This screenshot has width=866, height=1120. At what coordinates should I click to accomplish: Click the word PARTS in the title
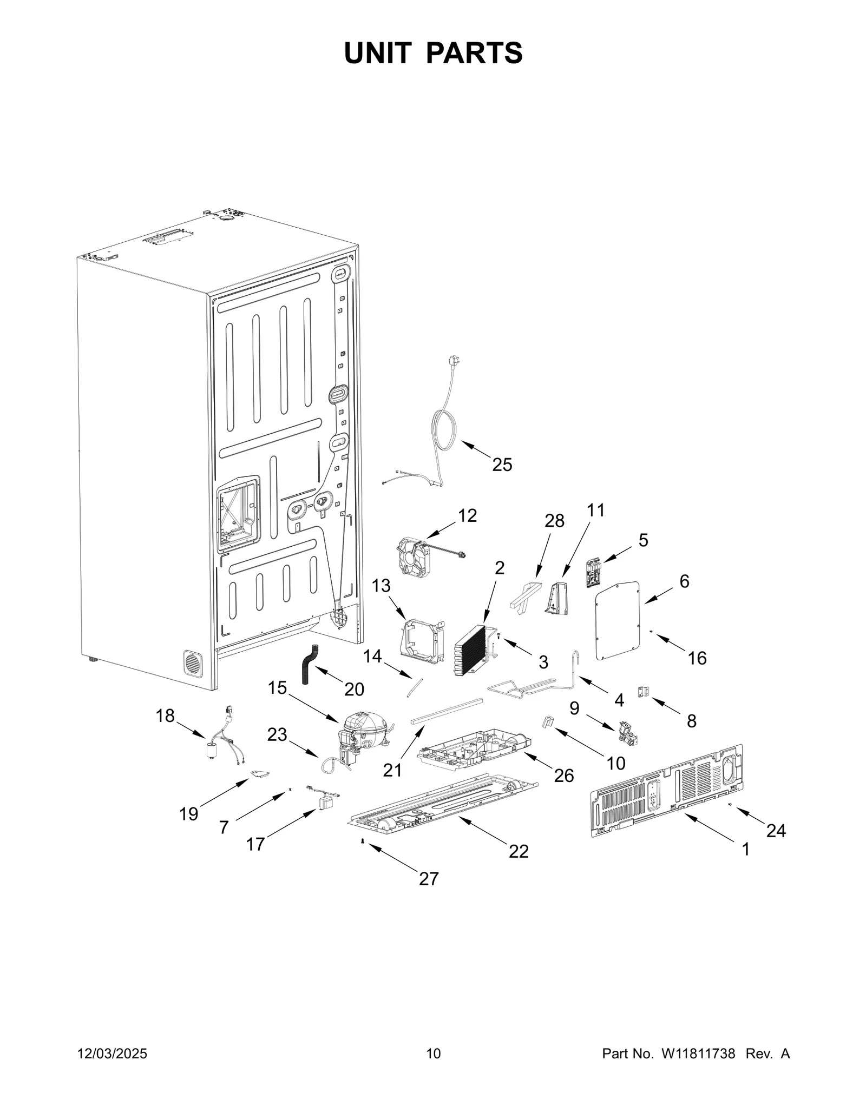474,53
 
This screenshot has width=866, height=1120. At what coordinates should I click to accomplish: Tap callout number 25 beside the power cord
502,465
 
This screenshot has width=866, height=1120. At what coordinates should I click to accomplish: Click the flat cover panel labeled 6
618,621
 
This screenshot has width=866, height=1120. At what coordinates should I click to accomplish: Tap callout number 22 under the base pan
518,851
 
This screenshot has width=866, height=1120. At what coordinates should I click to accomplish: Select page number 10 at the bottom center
433,1054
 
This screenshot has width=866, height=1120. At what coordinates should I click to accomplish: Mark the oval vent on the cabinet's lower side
192,663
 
